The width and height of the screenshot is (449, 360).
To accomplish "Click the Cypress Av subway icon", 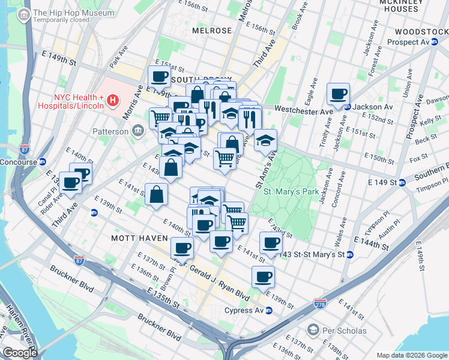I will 269,310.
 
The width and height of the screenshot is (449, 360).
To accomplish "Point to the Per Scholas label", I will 343,331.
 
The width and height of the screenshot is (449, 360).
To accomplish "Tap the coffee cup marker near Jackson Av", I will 339,94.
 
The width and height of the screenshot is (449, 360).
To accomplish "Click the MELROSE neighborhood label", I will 212,30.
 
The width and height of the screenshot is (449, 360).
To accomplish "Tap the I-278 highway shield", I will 320,305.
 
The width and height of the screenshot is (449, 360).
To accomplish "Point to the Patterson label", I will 110,131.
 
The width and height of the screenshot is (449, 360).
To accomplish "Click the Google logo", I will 20,353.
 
